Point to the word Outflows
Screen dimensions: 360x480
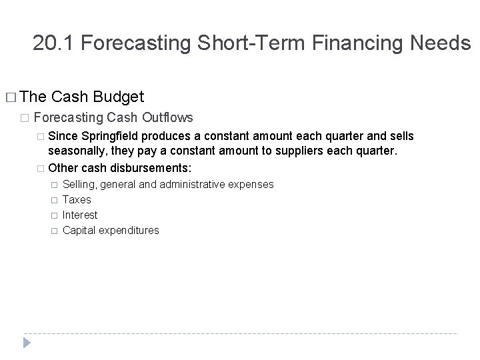point(167,118)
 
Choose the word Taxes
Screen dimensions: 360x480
point(77,199)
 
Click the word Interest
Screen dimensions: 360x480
point(80,215)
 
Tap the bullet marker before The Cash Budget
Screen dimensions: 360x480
point(9,98)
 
